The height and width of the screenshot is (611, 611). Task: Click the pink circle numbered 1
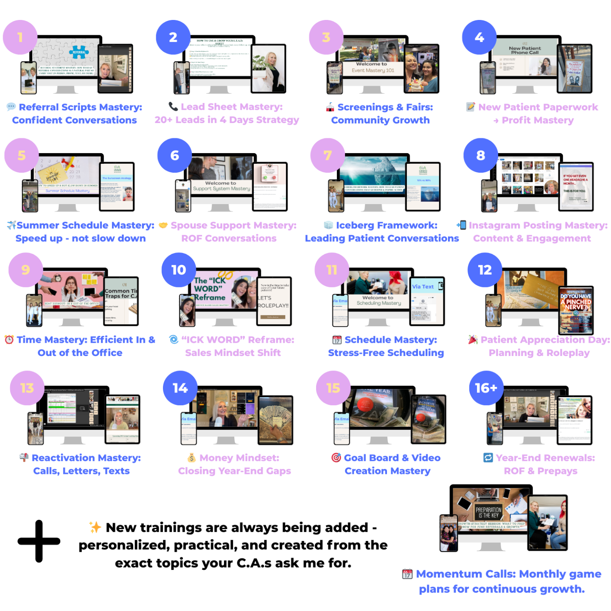[x=20, y=37]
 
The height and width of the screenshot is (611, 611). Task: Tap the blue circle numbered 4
[x=479, y=37]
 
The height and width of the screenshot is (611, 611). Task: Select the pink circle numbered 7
[x=328, y=155]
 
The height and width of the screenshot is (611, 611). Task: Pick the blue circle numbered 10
[x=179, y=270]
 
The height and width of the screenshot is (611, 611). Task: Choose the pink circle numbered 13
[x=27, y=388]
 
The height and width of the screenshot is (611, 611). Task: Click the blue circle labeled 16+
[x=486, y=388]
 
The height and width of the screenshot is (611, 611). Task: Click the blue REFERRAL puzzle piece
[x=79, y=52]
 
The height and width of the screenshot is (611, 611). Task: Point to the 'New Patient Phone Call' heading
[x=525, y=50]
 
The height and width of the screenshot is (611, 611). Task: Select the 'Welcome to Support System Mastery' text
[x=221, y=186]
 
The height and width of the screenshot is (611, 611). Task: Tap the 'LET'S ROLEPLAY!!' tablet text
[x=273, y=302]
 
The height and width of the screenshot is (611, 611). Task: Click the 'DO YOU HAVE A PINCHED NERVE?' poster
[x=576, y=302]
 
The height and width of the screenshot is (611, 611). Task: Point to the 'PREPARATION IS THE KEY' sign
[x=488, y=512]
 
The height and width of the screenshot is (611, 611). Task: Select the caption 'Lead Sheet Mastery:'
[x=232, y=107]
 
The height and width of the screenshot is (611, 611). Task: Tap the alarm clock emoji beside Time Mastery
[x=9, y=339]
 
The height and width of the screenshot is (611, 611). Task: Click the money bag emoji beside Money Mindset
[x=192, y=458]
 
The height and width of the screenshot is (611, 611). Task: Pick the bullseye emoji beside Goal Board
[x=336, y=458]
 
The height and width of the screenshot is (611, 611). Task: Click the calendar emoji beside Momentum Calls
[x=407, y=574]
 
